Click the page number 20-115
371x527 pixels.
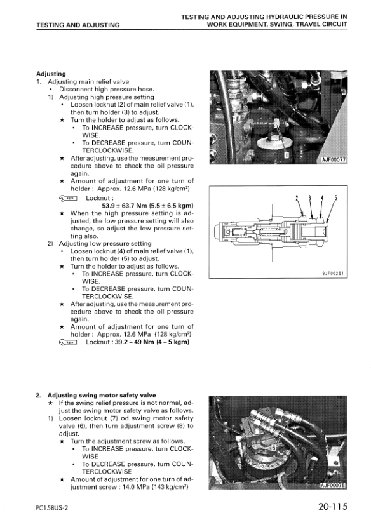(x=333, y=507)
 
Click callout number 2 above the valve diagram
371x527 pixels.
(x=297, y=198)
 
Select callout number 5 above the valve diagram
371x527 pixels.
(x=335, y=198)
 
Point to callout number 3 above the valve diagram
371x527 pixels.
(x=309, y=198)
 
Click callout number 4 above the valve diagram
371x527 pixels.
(x=322, y=198)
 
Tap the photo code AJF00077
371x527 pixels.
(x=333, y=159)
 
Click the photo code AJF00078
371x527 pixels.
(x=333, y=485)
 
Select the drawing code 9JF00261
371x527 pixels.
(x=333, y=274)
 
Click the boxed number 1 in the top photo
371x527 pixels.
(x=287, y=155)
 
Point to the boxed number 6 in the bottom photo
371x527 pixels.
(x=273, y=448)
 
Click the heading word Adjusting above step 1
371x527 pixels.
(x=51, y=74)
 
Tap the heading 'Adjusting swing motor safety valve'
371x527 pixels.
(x=102, y=395)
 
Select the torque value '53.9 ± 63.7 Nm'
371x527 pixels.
(x=124, y=206)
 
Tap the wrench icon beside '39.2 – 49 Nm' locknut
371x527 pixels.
(x=67, y=342)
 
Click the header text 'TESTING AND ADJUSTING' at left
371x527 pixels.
(x=78, y=25)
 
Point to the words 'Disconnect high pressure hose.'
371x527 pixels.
(x=107, y=90)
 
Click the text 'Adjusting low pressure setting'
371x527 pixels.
(x=105, y=243)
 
